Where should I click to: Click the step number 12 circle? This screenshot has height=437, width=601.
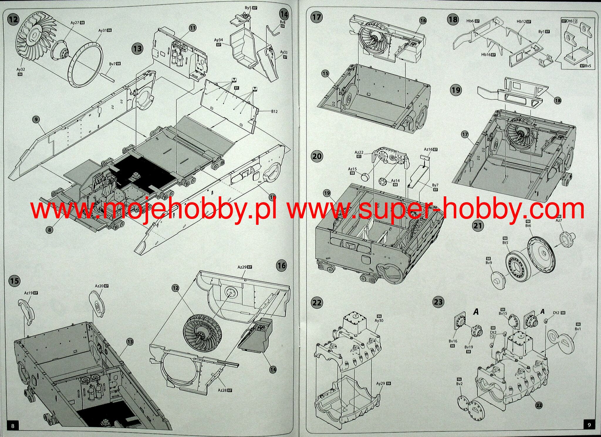[13, 20]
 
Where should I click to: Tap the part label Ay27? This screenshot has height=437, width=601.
[75, 23]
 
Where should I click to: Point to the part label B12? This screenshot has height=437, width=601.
[274, 112]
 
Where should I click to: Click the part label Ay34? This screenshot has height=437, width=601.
[218, 40]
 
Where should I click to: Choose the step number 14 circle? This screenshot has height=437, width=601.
[284, 14]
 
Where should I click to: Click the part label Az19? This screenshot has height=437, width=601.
[28, 293]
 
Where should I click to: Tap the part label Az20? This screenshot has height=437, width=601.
[99, 286]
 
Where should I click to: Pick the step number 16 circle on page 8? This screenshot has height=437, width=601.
[281, 266]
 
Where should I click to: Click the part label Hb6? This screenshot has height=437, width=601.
[470, 21]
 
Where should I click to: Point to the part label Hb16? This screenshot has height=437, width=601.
[486, 55]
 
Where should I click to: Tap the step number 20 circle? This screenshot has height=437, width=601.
[317, 156]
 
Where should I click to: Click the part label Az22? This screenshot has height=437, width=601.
[359, 152]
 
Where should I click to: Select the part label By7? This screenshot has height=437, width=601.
[435, 185]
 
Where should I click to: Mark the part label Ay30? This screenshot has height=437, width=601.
[379, 320]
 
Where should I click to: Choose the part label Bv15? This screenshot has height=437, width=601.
[503, 313]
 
